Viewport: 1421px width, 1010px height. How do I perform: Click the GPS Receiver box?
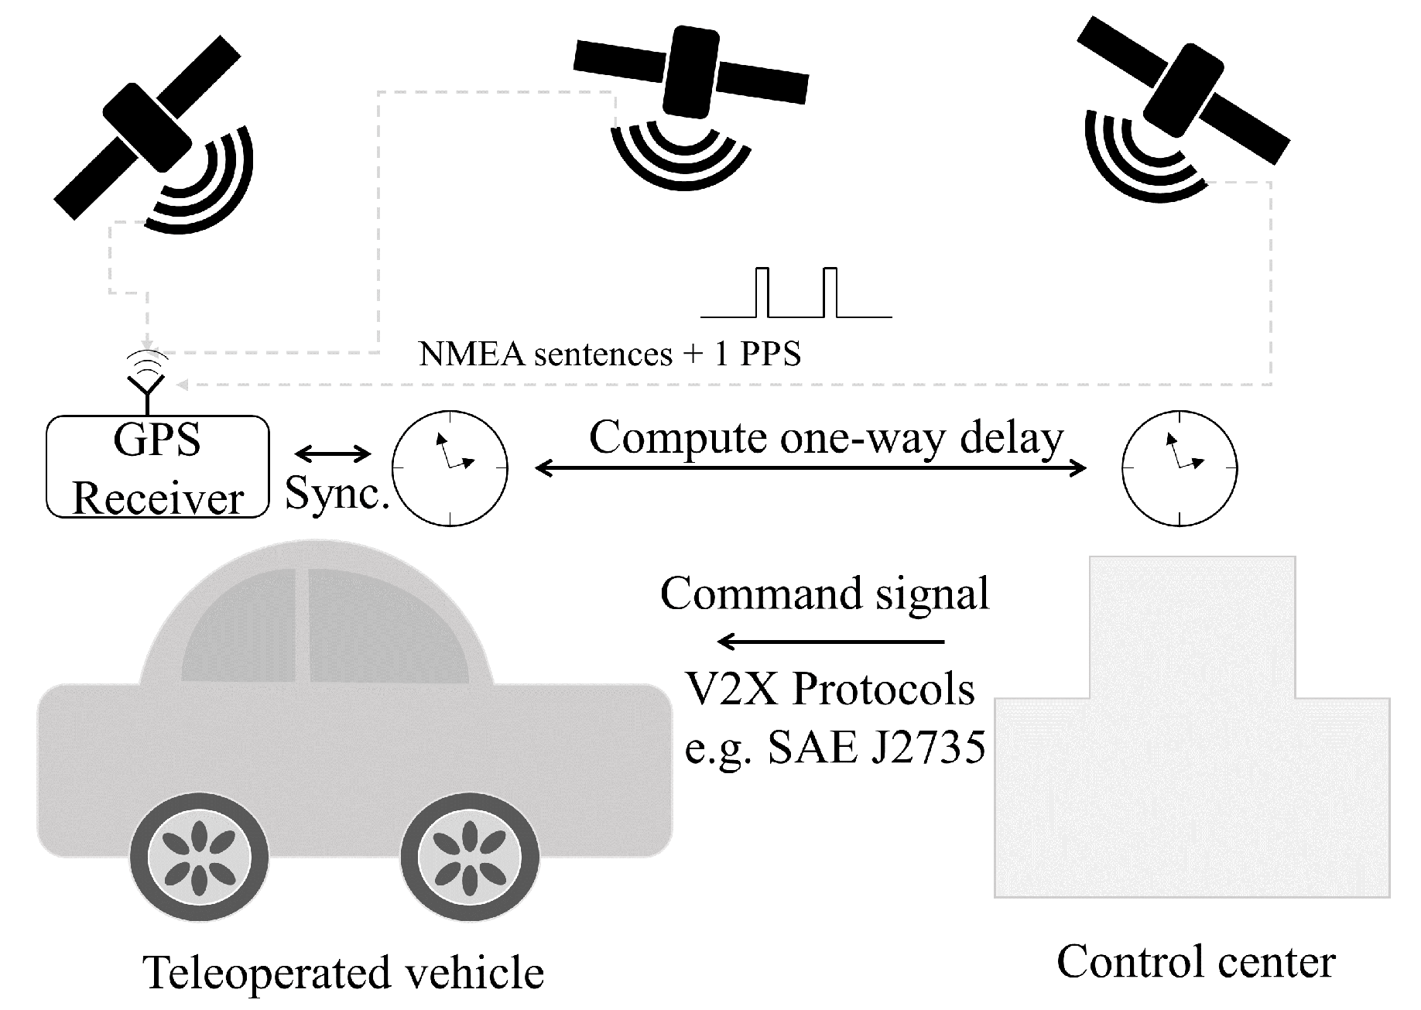tap(158, 467)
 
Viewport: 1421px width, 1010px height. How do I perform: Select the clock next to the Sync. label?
tap(450, 468)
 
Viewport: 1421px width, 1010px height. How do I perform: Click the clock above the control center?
tap(1180, 468)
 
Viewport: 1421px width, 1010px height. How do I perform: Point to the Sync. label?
tap(337, 493)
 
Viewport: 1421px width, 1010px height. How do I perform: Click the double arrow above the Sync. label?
tap(333, 454)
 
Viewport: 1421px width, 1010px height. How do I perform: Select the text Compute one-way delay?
tap(826, 438)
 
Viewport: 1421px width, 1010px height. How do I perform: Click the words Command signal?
tap(824, 594)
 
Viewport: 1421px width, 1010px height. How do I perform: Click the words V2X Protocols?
tap(830, 689)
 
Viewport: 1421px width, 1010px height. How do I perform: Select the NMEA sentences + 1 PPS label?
tap(609, 354)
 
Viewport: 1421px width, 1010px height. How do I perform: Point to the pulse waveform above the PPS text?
tap(796, 294)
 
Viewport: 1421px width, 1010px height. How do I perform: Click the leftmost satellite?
tap(147, 128)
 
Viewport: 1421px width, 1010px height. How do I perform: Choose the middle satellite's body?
tap(691, 71)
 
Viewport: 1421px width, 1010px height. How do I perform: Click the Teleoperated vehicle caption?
tap(344, 974)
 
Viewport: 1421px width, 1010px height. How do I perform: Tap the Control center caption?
tap(1196, 962)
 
